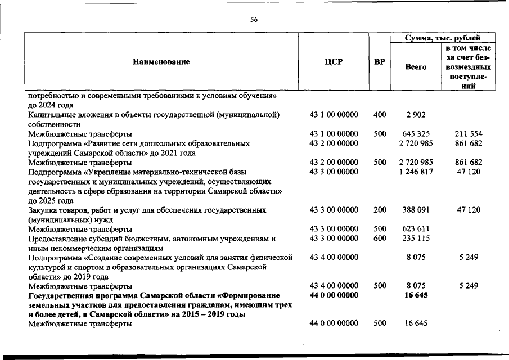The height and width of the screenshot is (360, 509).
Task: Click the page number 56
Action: tap(254, 20)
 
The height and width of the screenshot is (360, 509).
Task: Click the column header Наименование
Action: tap(161, 62)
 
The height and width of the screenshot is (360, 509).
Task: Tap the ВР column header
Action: tap(380, 62)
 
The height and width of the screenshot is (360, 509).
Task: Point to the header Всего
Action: tap(416, 67)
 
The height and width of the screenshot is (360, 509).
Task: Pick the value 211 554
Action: tap(469, 134)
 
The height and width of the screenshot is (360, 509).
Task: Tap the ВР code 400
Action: tap(380, 115)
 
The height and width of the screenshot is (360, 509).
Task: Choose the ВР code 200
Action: tap(380, 210)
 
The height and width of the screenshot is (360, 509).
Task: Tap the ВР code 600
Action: tap(380, 238)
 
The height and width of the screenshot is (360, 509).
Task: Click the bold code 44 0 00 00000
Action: tap(334, 295)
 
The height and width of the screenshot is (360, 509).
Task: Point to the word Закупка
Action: tap(43, 210)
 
